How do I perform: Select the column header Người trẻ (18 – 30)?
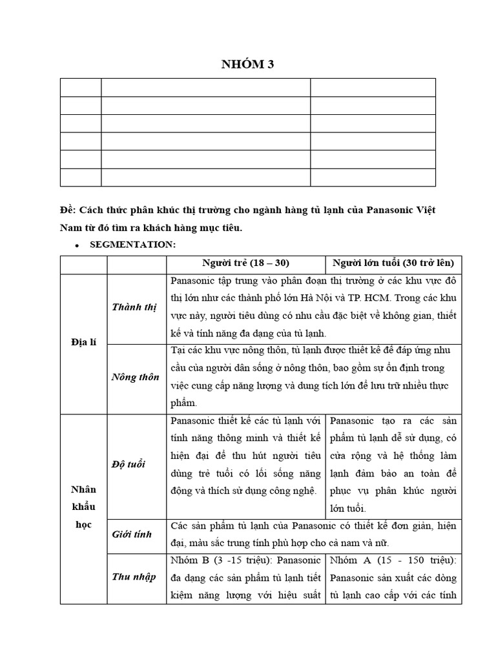pos(245,263)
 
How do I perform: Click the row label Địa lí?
pos(83,342)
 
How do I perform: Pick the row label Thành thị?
pos(134,307)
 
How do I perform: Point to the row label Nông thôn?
pos(135,377)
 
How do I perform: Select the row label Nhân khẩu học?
pos(83,507)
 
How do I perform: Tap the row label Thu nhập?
pos(134,576)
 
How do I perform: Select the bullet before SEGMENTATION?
pos(77,246)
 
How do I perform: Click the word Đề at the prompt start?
pos(67,212)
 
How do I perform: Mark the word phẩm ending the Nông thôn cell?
pos(183,403)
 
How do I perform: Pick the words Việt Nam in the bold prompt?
pos(421,212)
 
